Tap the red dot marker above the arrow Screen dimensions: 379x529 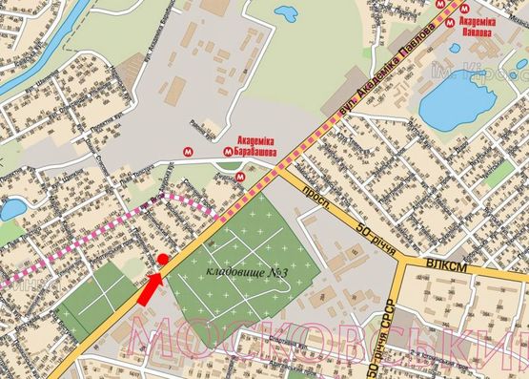(162, 260)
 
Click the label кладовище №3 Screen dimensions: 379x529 (248, 275)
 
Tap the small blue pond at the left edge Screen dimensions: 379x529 (12, 208)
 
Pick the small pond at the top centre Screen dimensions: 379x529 (285, 13)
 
